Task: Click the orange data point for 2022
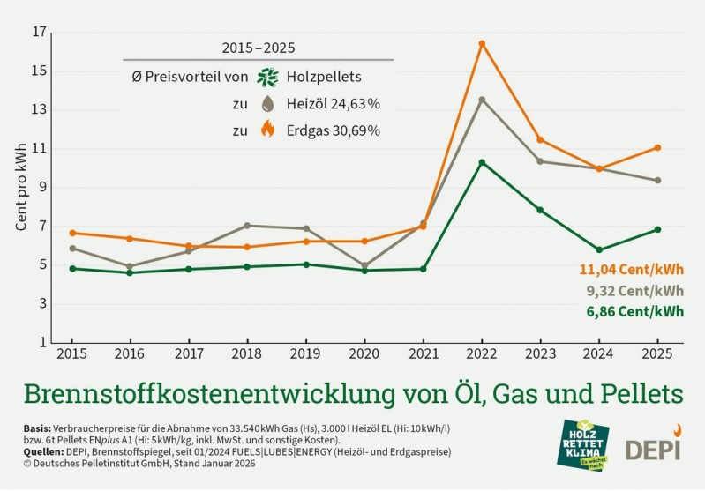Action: pyautogui.click(x=482, y=43)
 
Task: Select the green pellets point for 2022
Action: pyautogui.click(x=482, y=162)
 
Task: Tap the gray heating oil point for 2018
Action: pyautogui.click(x=247, y=226)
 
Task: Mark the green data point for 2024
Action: pyautogui.click(x=599, y=249)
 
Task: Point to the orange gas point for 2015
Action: pyautogui.click(x=72, y=233)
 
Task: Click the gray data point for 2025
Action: pyautogui.click(x=657, y=181)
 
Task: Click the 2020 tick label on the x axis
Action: pyautogui.click(x=364, y=353)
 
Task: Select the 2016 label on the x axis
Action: pyautogui.click(x=131, y=353)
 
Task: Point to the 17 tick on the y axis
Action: pyautogui.click(x=39, y=33)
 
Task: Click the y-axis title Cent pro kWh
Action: pyautogui.click(x=21, y=188)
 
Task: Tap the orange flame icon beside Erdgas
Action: pyautogui.click(x=267, y=130)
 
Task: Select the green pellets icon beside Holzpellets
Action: pyautogui.click(x=267, y=77)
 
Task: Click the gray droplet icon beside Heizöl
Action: pyautogui.click(x=267, y=104)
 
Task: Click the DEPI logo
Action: pyautogui.click(x=654, y=445)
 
